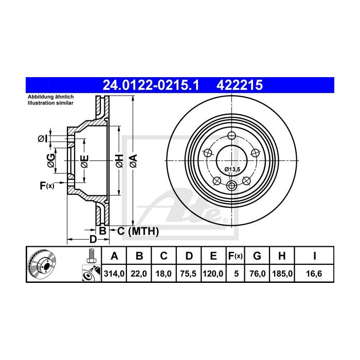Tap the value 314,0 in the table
[114, 274]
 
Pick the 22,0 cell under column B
[139, 274]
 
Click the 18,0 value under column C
[164, 274]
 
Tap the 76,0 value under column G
[258, 274]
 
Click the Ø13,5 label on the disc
[232, 168]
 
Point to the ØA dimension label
[133, 160]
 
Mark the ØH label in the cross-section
[119, 160]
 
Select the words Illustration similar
[50, 103]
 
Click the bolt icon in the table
[91, 255]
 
